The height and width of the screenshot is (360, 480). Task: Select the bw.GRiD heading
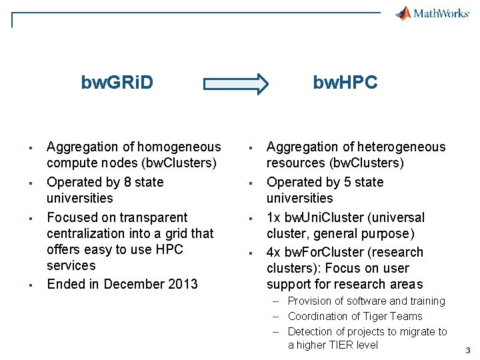(117, 83)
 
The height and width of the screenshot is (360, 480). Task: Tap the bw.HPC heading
(345, 83)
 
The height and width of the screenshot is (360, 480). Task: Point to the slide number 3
(468, 351)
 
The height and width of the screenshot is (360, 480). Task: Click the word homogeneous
(178, 147)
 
